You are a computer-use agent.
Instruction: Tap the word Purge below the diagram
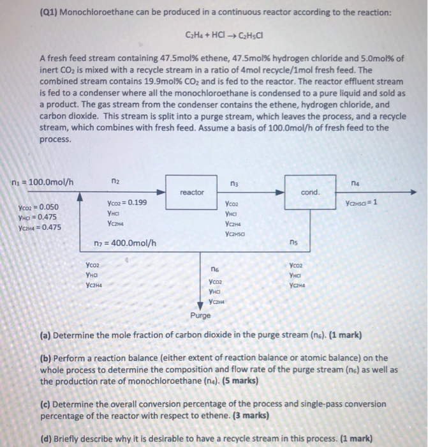click(x=201, y=315)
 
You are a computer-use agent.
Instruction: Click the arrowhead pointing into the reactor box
click(x=161, y=192)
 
